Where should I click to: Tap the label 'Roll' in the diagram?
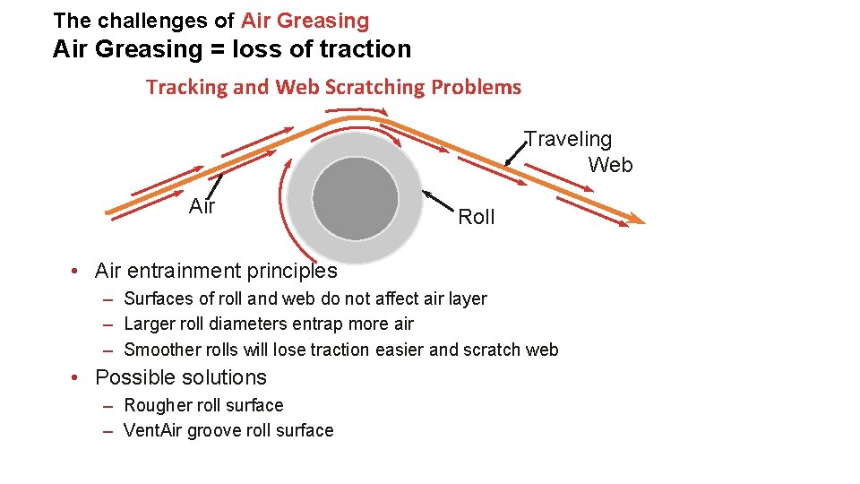point(476,217)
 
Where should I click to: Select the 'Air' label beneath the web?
point(202,206)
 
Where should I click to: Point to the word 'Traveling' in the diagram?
point(568,139)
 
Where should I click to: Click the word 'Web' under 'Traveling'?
point(610,165)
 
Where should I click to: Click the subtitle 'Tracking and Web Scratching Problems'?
point(333,87)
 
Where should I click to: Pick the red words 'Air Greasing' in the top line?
point(305,20)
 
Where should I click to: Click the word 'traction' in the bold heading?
point(358,49)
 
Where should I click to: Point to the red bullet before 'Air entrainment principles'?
point(80,271)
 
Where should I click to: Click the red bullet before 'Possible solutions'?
point(80,377)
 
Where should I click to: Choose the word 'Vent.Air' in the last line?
point(153,430)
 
